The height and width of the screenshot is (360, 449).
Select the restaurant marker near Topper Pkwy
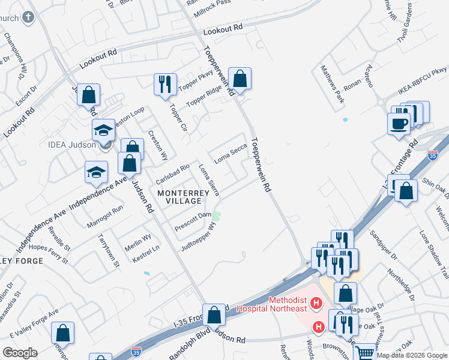coord(164,83)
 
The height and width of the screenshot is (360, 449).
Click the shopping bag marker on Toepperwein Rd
coord(240,79)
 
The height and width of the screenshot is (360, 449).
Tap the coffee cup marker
coord(399,124)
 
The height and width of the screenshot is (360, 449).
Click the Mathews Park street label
coord(333,85)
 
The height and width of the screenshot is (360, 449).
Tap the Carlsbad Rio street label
coord(172,174)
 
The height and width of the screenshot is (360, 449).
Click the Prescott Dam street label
coord(193,221)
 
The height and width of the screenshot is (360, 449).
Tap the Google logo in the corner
coord(20,352)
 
